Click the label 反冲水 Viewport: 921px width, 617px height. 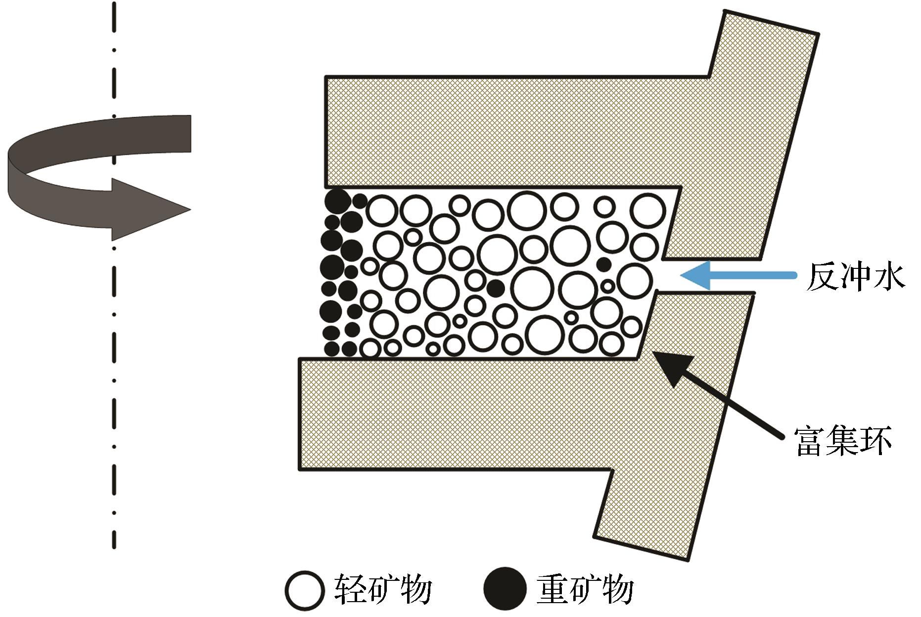click(x=856, y=275)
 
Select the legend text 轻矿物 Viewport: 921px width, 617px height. click(x=383, y=589)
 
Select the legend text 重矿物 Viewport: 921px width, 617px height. click(x=585, y=589)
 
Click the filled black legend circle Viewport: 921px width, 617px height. click(x=505, y=589)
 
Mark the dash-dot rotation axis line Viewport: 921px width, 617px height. click(x=114, y=275)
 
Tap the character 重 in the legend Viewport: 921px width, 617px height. click(x=553, y=589)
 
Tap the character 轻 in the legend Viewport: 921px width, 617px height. click(x=351, y=589)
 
